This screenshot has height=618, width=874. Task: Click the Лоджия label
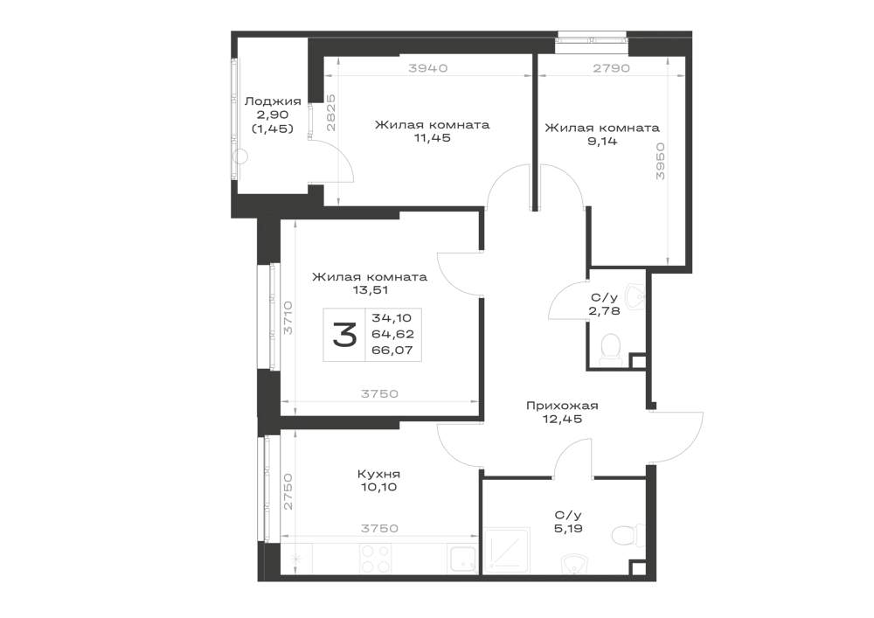click(273, 101)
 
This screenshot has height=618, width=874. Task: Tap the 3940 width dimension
click(428, 68)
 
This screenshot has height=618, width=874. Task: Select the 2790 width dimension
click(611, 68)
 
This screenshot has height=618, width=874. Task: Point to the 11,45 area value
click(432, 137)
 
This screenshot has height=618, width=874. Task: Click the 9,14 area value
click(602, 141)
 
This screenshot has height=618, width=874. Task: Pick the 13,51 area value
click(370, 290)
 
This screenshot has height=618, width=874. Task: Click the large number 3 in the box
click(344, 336)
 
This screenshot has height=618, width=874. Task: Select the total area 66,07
click(392, 351)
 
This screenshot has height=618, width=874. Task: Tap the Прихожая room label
click(562, 405)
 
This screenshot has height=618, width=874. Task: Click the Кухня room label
click(378, 475)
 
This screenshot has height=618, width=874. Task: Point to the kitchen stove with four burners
click(375, 559)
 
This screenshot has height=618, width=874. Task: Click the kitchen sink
click(462, 559)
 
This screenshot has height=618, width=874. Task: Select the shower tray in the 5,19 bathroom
click(506, 550)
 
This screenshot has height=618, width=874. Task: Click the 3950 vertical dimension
click(661, 161)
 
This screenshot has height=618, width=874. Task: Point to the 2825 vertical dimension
click(330, 113)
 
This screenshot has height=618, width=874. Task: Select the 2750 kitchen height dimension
click(288, 491)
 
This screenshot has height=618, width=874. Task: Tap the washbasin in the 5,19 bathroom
click(574, 564)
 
